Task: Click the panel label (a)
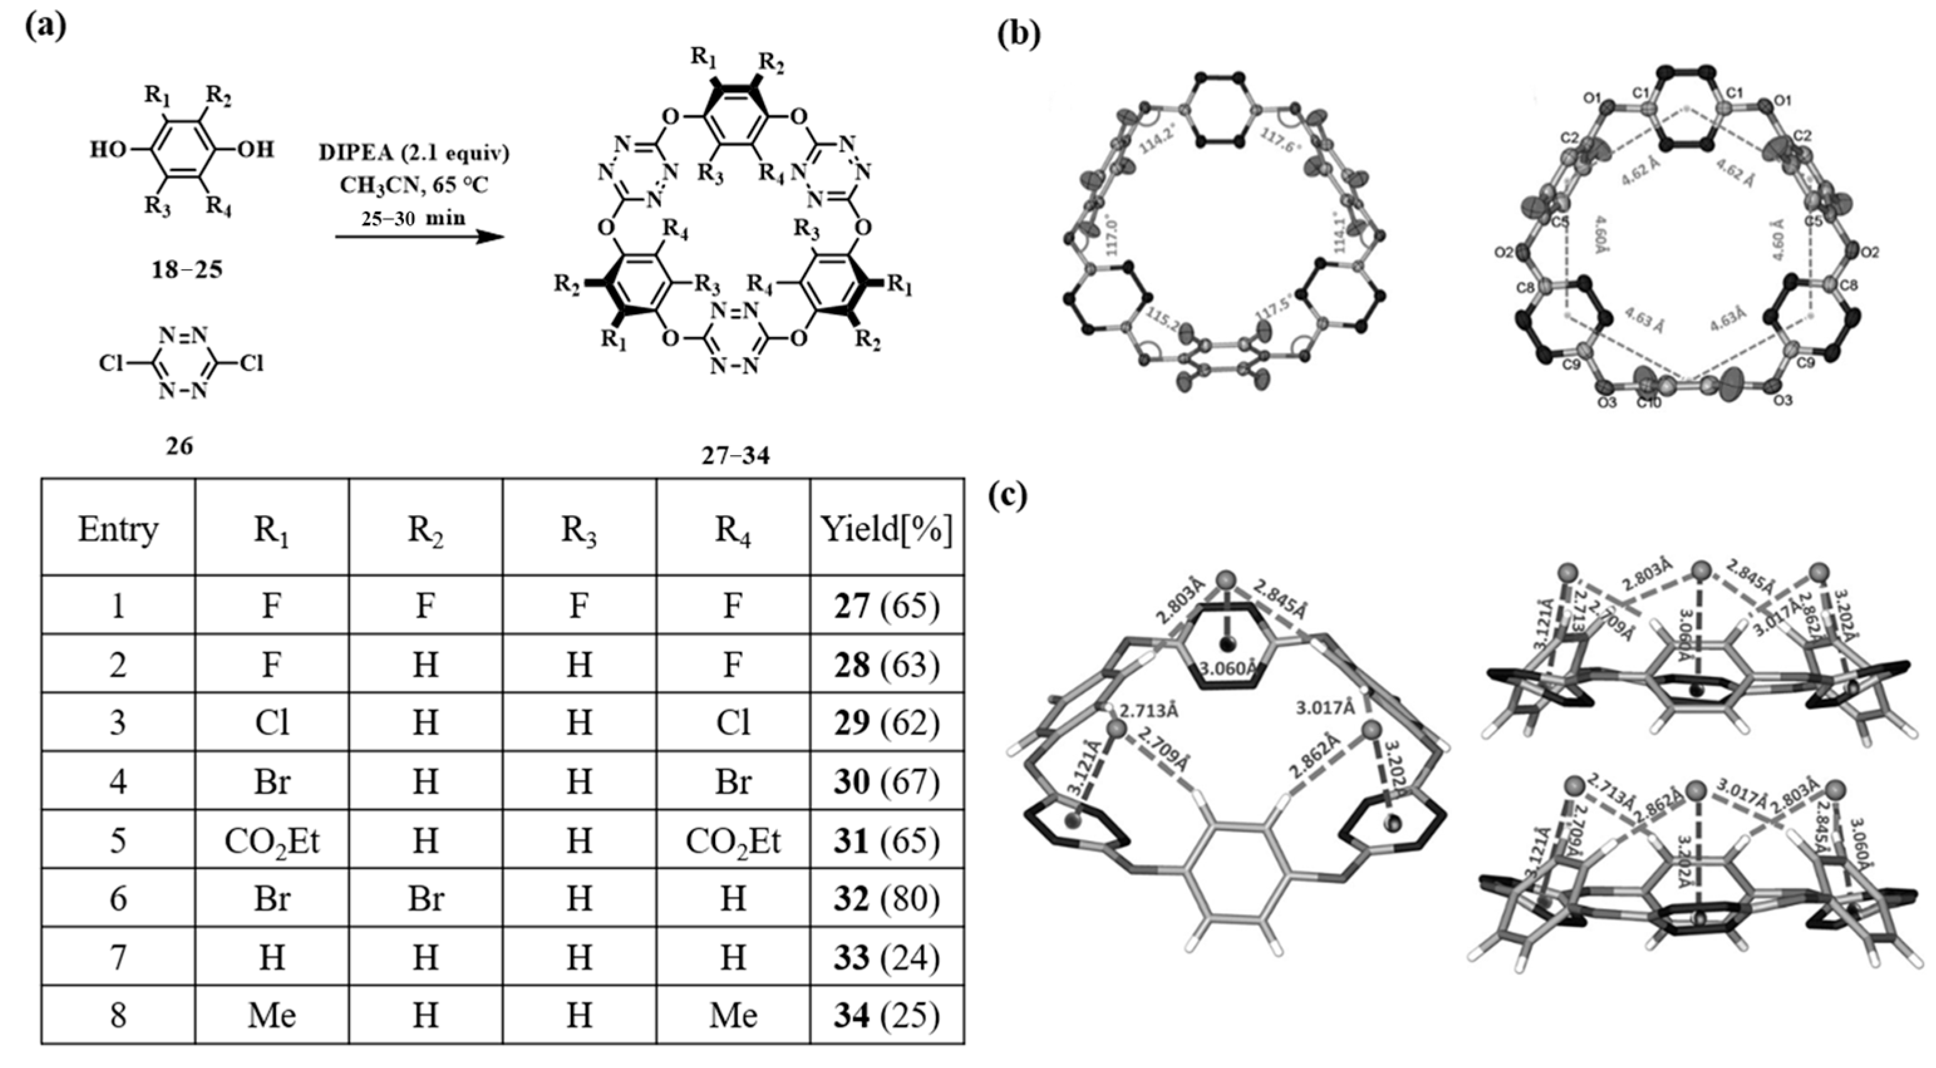46,27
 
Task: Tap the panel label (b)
1018,33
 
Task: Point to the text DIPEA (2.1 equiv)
414,152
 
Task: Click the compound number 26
179,446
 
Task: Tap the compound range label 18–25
186,269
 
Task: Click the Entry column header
118,529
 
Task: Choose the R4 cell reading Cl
733,723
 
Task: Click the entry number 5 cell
118,840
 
